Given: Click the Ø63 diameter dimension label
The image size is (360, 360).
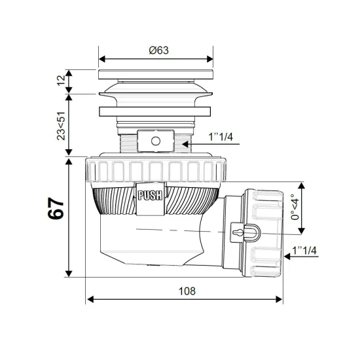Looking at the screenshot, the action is (158, 50).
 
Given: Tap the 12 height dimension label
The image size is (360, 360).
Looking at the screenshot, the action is (62, 81).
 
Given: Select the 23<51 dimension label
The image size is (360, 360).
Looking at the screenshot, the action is (61, 126).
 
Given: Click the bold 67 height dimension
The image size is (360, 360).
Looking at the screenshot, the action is (56, 208).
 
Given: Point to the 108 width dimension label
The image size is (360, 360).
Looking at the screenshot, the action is (187, 291).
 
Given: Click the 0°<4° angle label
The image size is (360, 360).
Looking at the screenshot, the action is (295, 207).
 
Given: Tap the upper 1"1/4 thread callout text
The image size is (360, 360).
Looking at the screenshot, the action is (221, 137).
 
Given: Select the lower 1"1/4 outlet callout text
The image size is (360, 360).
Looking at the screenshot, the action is (304, 250).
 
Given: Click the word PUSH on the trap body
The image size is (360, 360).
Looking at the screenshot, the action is (150, 196).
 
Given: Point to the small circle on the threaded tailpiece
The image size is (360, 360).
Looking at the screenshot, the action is (156, 141).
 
